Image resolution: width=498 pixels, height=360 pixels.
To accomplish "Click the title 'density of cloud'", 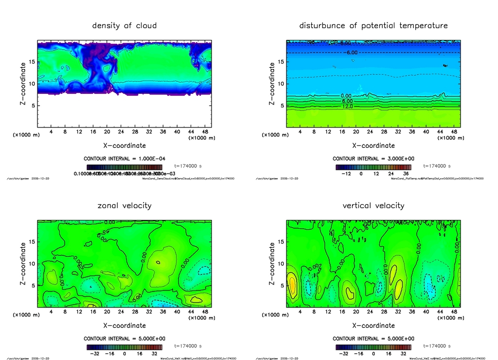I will pos(124,25).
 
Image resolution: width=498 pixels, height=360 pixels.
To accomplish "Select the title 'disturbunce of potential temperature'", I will pos(373,25).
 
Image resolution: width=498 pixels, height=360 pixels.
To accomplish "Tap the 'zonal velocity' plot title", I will pos(124,205).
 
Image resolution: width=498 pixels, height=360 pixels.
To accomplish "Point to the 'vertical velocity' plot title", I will pos(373,205).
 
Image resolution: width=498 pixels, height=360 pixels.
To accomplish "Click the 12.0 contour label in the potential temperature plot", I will pos(347,106).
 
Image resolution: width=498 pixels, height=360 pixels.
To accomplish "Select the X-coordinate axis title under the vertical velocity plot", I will pos(373,325).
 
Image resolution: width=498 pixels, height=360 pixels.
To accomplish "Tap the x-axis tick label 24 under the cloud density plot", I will pos(121,132).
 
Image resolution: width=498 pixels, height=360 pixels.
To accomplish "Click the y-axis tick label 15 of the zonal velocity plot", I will pos(32,242).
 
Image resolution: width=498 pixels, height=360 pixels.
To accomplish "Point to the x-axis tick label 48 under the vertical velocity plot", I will pos(454,312).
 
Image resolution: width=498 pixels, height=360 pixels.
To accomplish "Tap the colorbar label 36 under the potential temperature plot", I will pos(406,173).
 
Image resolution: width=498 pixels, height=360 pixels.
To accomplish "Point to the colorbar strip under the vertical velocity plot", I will pos(373,347).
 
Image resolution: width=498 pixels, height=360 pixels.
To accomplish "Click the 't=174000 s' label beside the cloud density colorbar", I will pos(187,166).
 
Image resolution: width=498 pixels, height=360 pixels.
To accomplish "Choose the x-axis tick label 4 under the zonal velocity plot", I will pos(51,312).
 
